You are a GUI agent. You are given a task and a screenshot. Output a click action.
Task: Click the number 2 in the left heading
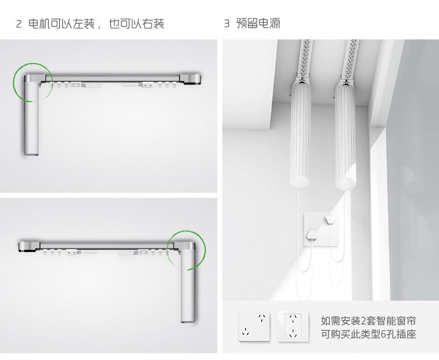pos(18,24)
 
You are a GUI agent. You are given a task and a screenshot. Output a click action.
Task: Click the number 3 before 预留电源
pos(227,23)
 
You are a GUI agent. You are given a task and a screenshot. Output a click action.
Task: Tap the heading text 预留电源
pos(258,23)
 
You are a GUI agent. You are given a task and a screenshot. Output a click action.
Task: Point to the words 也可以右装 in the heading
pos(136,24)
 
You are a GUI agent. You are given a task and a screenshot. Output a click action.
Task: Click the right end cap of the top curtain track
pos(191,79)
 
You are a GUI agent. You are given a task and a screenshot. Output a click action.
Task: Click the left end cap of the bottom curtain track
pos(29,246)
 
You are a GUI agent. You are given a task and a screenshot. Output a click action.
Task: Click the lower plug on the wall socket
pos(312,234)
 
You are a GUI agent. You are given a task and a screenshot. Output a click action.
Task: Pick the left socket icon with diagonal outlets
pos(254,326)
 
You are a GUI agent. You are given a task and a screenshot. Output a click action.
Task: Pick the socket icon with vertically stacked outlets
pos(293,326)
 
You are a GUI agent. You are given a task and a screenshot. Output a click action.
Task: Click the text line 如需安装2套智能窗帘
pos(368,321)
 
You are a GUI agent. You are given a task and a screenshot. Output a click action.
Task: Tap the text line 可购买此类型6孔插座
pos(368,334)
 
